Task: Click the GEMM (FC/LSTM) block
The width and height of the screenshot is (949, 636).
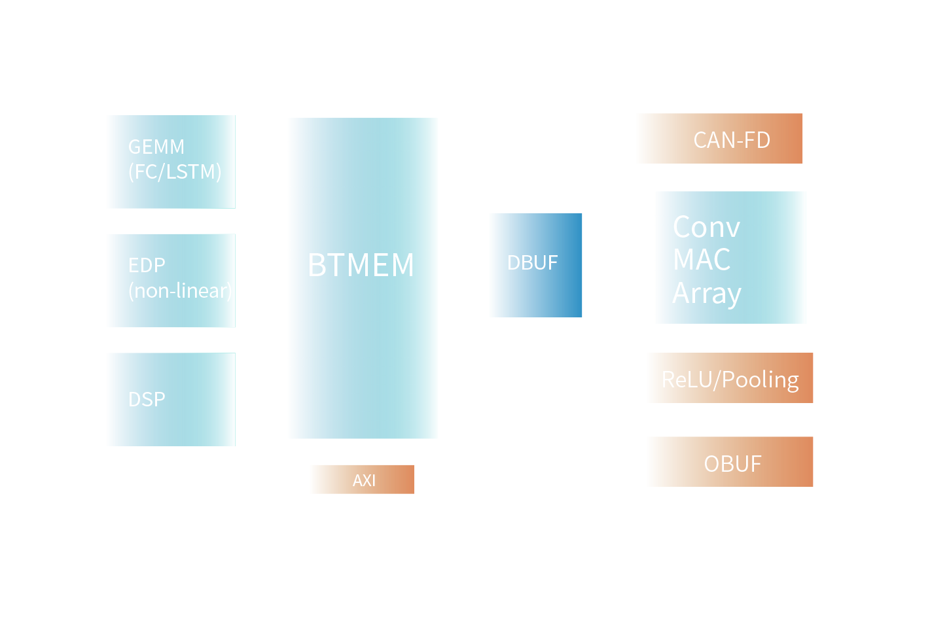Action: point(171,162)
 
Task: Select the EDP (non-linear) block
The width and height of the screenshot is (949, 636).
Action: point(171,281)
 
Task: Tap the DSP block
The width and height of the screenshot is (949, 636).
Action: point(171,400)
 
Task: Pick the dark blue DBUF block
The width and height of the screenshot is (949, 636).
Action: point(536,265)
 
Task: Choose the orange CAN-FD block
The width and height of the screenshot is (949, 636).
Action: point(720,139)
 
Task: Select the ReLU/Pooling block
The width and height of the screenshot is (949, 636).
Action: point(730,378)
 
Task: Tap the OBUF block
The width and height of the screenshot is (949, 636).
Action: point(730,462)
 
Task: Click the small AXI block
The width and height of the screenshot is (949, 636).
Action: point(363,480)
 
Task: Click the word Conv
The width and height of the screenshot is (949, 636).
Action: point(706,228)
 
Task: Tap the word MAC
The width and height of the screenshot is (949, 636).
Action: point(702,260)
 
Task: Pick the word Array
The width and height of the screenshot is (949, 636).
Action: point(707,294)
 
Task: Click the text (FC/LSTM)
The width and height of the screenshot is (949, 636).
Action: point(175,172)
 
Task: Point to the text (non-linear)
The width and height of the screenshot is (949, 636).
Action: point(180,291)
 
